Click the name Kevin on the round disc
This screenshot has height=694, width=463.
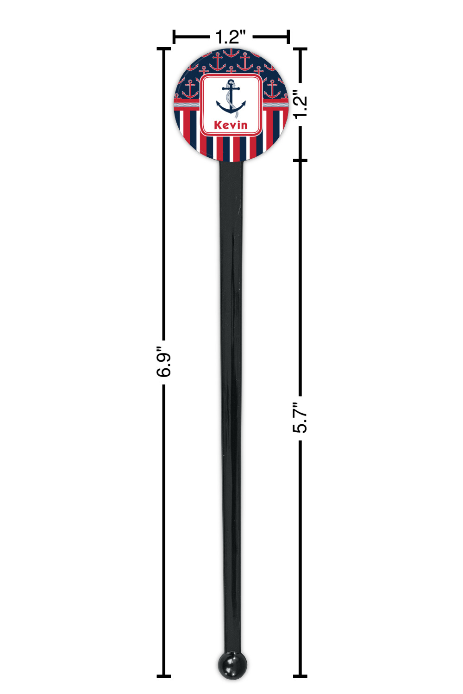tap(231, 125)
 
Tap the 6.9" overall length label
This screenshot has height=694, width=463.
tap(163, 361)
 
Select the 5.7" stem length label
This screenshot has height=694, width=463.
tap(300, 418)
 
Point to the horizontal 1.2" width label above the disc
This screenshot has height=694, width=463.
tap(231, 37)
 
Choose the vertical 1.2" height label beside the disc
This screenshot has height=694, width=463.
tap(300, 104)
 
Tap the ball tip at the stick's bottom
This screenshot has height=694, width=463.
tap(232, 665)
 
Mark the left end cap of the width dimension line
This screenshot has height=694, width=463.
tap(174, 37)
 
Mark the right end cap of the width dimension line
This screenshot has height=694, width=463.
tap(288, 37)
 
